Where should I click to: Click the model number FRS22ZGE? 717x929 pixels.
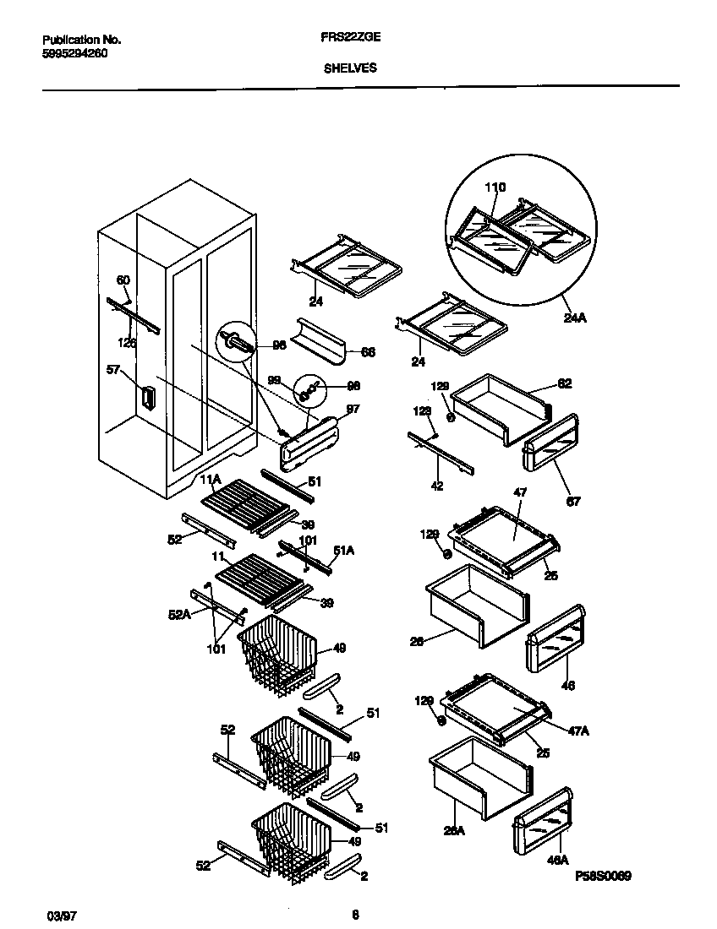350,39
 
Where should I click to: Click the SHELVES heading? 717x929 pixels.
350,70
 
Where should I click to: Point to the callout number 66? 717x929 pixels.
368,352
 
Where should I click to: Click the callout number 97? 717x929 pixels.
354,408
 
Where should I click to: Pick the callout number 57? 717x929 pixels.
112,369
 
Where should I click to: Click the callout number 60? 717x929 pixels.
123,280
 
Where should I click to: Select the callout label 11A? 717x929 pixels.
210,480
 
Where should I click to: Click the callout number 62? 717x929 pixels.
564,383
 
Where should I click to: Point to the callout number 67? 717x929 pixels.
574,502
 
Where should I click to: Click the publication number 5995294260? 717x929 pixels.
74,53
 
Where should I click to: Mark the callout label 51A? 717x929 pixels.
343,549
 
